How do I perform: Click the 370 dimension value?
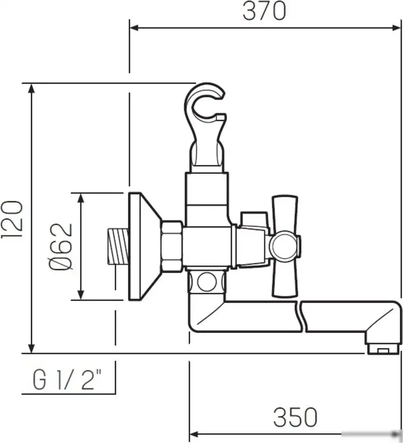[x=264, y=11]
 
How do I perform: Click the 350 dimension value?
[x=295, y=417]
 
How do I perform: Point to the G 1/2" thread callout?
[x=67, y=381]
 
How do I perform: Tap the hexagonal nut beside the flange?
[x=171, y=246]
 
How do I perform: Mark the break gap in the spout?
[x=299, y=317]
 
